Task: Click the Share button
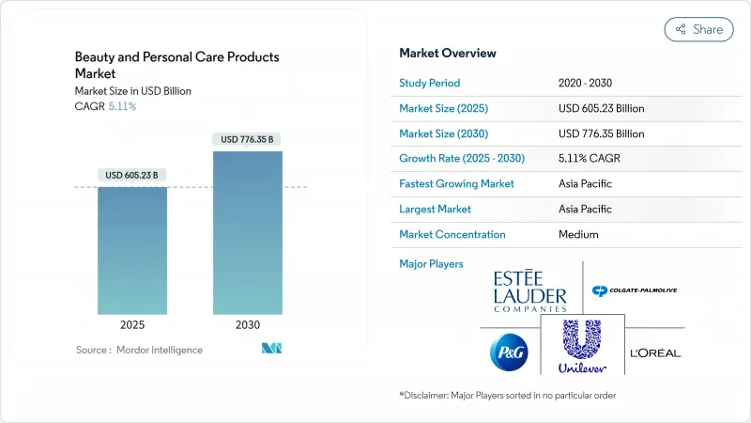coord(699,29)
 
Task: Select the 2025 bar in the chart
coord(132,249)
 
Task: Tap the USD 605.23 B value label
coord(132,176)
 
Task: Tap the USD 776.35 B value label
coord(248,140)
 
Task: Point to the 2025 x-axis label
coord(132,324)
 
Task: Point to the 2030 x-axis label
coord(248,324)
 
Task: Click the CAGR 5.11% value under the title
coord(122,106)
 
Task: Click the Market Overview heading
coord(448,54)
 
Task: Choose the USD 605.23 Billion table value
coord(601,108)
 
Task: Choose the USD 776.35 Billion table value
coord(601,133)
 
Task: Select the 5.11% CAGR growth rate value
coord(587,159)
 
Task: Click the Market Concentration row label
coord(452,234)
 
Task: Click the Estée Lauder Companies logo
coord(531,290)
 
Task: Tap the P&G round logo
coord(508,352)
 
